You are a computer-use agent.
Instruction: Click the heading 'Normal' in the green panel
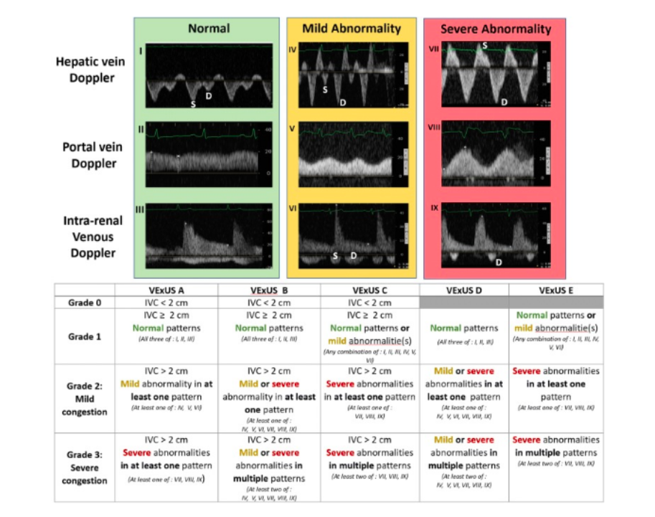click(209, 29)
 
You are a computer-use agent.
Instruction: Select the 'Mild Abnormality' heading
click(351, 29)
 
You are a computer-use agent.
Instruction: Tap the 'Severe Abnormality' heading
click(495, 29)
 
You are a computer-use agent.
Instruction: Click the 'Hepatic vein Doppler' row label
click(90, 70)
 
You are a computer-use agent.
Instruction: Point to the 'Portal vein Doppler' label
click(90, 154)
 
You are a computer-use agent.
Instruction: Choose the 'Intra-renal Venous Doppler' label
click(90, 236)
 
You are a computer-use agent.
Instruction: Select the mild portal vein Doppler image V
click(352, 155)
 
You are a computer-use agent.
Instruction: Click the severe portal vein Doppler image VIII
click(495, 155)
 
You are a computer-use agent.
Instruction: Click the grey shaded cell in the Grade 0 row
click(463, 302)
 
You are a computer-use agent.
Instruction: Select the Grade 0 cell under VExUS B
click(269, 302)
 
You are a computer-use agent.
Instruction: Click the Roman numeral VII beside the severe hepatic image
click(433, 52)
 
